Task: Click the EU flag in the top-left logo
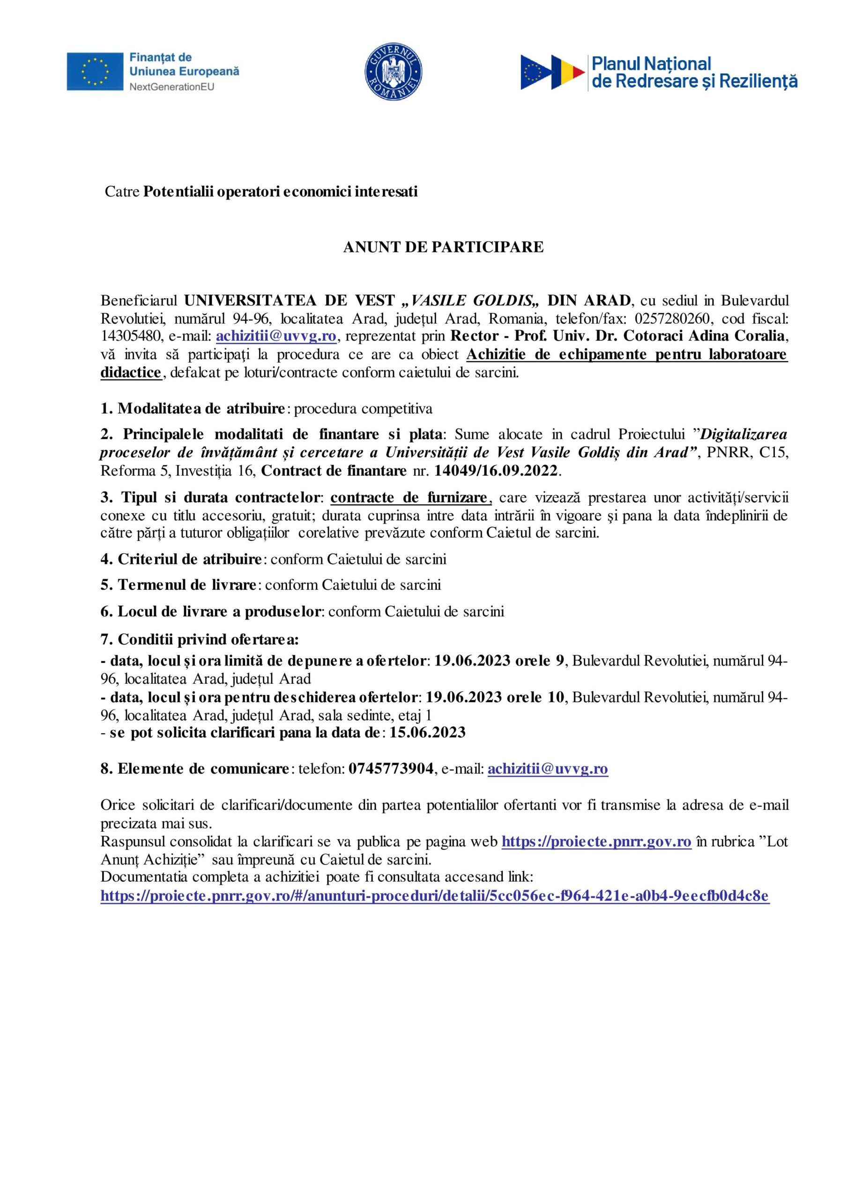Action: [x=95, y=71]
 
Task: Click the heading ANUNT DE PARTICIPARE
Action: [x=443, y=247]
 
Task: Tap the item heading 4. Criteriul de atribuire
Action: [x=181, y=559]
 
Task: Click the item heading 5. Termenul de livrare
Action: [x=178, y=585]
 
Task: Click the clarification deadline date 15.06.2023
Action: [x=427, y=733]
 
